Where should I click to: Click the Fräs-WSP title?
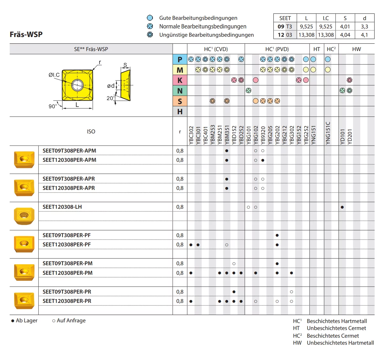tap(26, 34)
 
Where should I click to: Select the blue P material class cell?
tap(180, 59)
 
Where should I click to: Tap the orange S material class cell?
tap(180, 101)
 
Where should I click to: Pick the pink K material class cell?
tap(180, 80)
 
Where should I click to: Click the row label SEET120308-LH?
tap(62, 207)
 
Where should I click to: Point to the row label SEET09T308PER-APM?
tap(69, 151)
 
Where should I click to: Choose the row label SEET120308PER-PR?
tap(67, 301)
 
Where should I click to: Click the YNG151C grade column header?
tap(328, 133)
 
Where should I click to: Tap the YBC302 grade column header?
tap(191, 135)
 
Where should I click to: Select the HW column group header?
tap(356, 49)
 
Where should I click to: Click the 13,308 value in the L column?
tap(306, 35)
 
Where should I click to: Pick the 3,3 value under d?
tap(364, 26)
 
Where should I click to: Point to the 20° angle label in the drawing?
tap(110, 98)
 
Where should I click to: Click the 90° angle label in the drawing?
tap(53, 106)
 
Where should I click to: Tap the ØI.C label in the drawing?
tap(54, 75)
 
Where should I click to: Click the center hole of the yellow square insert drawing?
tap(77, 85)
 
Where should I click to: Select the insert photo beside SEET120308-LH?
tap(24, 216)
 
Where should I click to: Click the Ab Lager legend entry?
tap(25, 321)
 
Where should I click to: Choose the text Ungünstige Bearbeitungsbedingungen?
tap(206, 35)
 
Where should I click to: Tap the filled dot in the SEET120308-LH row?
tap(342, 207)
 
